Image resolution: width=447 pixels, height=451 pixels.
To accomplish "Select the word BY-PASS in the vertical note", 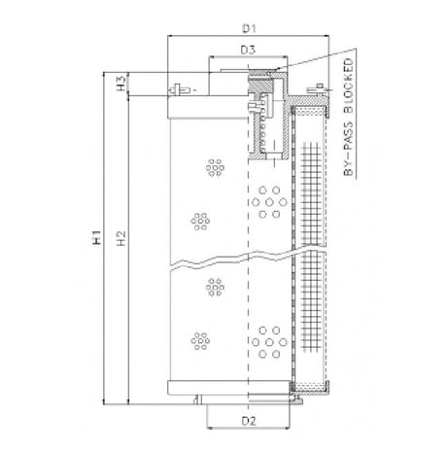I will pos(349,151).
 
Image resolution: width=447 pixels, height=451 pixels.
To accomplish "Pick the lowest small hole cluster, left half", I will pos(201,340).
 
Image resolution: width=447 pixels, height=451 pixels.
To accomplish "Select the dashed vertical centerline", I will pos(249,292).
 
